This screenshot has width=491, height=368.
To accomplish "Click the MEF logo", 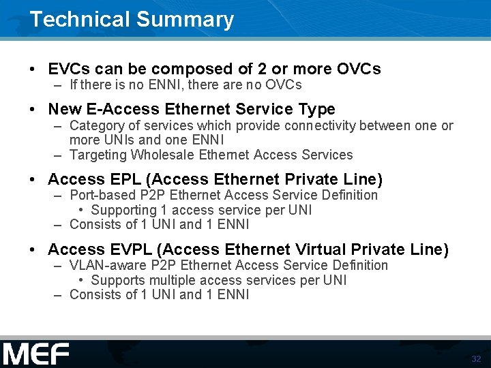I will [x=36, y=354].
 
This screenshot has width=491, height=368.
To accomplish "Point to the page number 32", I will [x=476, y=358].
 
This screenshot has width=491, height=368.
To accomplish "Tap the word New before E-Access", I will [x=65, y=109].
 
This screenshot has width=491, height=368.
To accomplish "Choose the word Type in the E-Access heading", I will [x=316, y=109].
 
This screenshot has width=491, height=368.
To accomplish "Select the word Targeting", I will [x=98, y=155].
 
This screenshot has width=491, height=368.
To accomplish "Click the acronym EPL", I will [x=125, y=179].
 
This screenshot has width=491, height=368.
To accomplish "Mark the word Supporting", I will [x=123, y=210].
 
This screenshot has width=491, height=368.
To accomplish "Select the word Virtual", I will [x=322, y=249].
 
